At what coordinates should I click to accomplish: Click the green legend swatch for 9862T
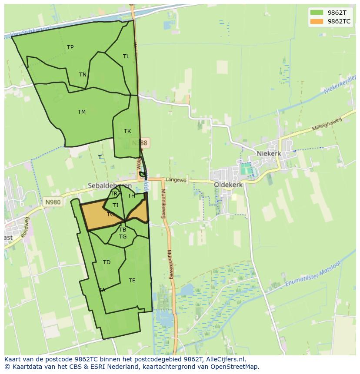[317, 12]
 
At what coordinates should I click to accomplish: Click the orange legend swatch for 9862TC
[317, 21]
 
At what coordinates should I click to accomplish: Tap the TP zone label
[70, 47]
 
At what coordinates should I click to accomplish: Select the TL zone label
[126, 56]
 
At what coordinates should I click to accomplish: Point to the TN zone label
[83, 75]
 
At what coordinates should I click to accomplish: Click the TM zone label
[82, 112]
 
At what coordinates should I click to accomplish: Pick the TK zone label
[127, 131]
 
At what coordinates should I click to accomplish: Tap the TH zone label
[131, 196]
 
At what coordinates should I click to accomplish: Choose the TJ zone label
[115, 205]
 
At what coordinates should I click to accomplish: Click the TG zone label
[123, 237]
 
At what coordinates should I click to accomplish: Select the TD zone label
[107, 262]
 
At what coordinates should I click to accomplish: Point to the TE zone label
[132, 281]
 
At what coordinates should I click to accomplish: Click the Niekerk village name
[269, 154]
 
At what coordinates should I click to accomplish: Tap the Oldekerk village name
[228, 185]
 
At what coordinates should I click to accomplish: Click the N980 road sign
[52, 202]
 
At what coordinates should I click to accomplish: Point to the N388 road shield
[140, 142]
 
